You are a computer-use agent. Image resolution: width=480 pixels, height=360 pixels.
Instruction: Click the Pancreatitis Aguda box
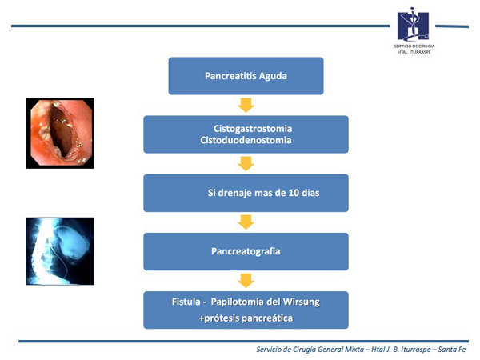coord(246,76)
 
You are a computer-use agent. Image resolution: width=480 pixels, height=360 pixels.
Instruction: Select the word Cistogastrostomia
coord(253,129)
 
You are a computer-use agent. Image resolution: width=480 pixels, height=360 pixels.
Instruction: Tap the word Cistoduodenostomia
coord(246,140)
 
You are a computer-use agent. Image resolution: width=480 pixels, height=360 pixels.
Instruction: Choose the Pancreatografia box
coord(246,252)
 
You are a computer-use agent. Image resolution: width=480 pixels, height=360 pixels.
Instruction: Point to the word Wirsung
coord(302,302)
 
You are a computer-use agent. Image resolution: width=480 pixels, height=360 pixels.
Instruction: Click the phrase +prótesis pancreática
coord(246,318)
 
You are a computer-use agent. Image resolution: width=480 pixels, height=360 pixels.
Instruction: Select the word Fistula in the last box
coord(186,302)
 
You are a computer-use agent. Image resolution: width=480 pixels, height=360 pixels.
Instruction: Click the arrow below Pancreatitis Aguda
coord(246,105)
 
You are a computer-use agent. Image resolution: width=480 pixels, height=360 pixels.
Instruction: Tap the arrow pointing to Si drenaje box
coord(246,163)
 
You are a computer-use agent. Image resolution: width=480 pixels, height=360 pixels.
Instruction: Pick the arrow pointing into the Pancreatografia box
coord(246,222)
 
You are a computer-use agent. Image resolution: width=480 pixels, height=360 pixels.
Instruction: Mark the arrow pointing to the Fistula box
coord(246,281)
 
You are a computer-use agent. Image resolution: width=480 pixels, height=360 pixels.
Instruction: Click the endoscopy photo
coord(60,133)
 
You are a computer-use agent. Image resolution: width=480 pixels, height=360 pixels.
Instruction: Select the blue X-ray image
coord(60,251)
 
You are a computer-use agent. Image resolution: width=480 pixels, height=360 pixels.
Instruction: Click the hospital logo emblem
coord(413,25)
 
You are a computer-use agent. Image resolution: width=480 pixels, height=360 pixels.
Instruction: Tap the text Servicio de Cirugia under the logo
coord(414,46)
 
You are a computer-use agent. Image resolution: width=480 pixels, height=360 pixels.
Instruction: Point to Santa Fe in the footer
coord(452,350)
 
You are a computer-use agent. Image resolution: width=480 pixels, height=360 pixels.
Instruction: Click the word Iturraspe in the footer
coord(415,350)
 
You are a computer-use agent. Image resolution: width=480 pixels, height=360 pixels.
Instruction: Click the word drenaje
coord(234,193)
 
